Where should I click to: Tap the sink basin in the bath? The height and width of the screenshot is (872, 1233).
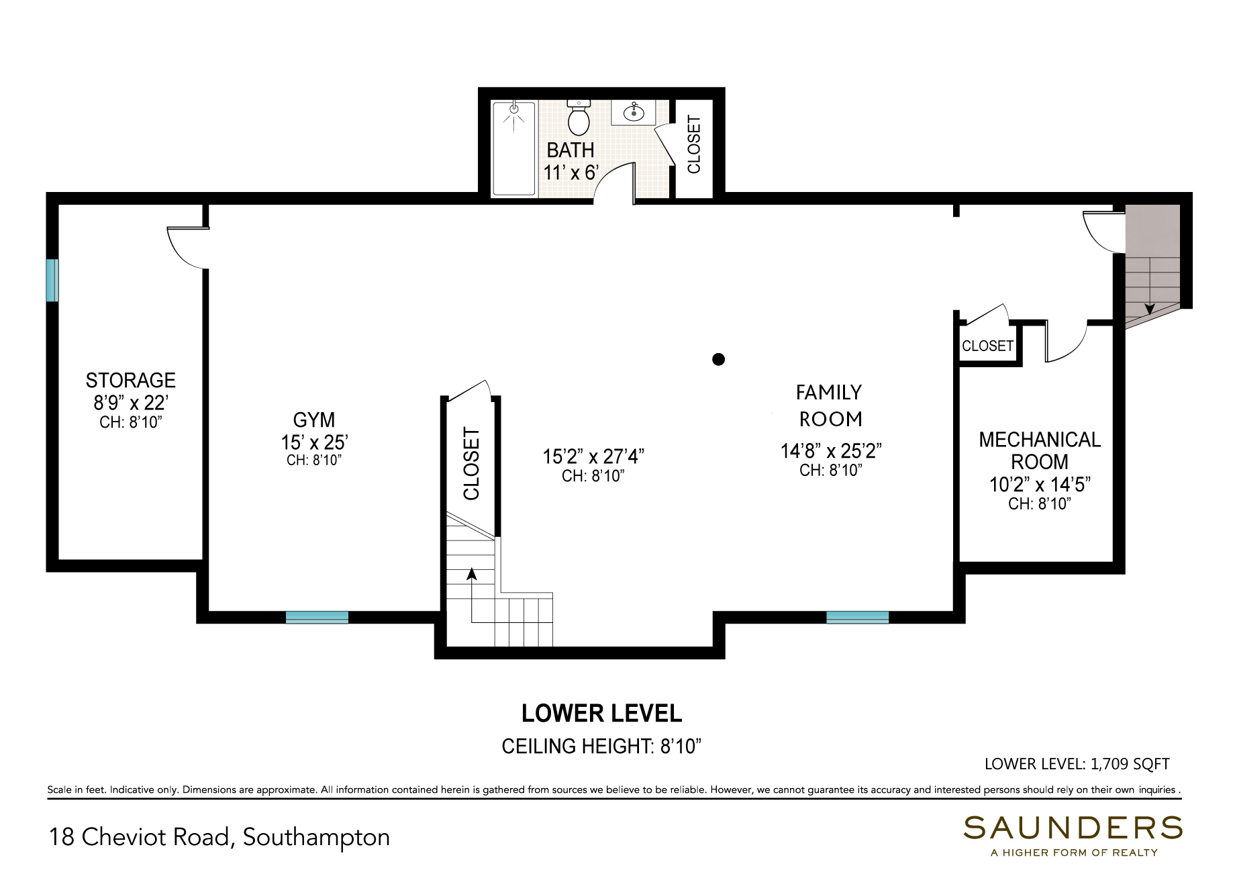click(x=634, y=112)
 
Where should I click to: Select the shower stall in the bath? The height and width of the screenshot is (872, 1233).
click(x=514, y=148)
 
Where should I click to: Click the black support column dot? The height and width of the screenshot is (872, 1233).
click(x=718, y=359)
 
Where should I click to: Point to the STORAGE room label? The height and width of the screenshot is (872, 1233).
click(x=131, y=381)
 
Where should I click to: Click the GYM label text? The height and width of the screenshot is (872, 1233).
click(x=314, y=420)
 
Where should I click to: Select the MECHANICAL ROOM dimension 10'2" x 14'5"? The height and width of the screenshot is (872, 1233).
click(x=1040, y=485)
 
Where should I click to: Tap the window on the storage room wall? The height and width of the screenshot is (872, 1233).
click(x=52, y=280)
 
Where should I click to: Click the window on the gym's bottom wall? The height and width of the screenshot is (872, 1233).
click(x=317, y=618)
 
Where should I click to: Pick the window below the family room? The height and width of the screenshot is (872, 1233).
click(x=857, y=618)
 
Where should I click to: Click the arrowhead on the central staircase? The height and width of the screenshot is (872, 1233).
click(x=472, y=574)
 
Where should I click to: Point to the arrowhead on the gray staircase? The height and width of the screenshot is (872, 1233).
click(x=1150, y=309)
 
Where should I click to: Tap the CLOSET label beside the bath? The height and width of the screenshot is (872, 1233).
click(x=694, y=144)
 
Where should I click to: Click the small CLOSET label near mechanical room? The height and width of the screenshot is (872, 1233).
click(x=987, y=346)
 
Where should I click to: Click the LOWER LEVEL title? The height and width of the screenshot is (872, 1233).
click(x=601, y=714)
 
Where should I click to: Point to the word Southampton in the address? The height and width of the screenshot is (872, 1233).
click(x=316, y=838)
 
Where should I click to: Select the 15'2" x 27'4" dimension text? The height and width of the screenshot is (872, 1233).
click(x=593, y=456)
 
